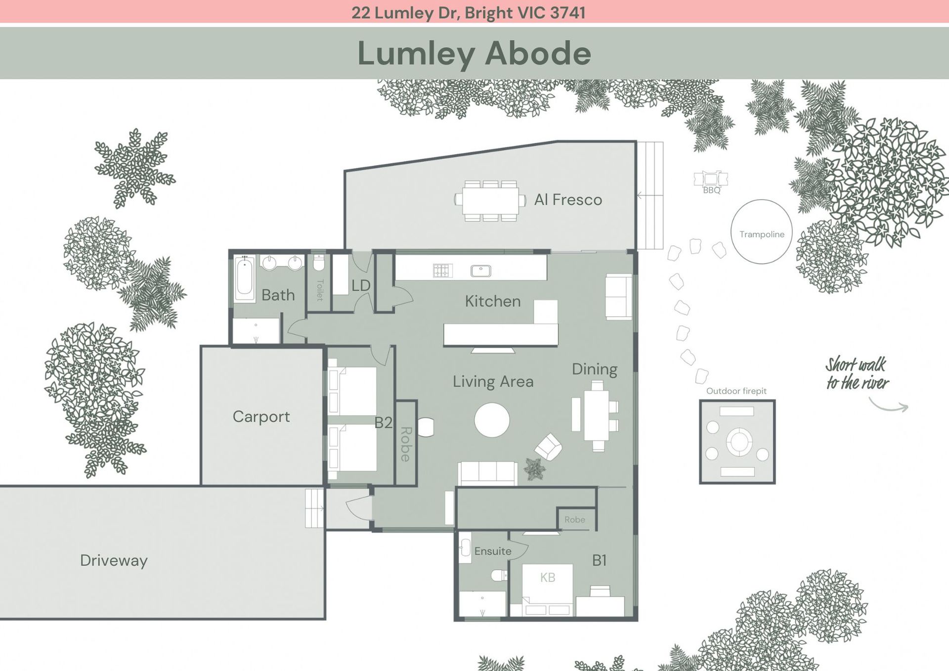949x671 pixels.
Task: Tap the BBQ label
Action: point(712,190)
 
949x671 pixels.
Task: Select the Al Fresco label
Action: point(568,200)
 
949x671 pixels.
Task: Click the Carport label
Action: point(261,417)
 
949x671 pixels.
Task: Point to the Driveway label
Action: point(114,561)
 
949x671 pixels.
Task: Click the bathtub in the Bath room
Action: point(245,278)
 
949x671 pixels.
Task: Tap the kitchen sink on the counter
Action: point(481,270)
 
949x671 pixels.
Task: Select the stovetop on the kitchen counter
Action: point(442,270)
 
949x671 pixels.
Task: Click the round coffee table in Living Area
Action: point(492,420)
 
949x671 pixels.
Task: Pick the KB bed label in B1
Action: point(548,578)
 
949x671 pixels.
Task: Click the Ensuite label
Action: point(493,551)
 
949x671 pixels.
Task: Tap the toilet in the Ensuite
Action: point(500,575)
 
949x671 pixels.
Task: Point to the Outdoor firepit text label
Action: point(736,391)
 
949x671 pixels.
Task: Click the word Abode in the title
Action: point(538,53)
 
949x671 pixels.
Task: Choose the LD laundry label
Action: point(361,285)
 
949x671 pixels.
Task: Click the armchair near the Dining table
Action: point(548,447)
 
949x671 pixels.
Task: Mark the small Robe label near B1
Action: point(575,520)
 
